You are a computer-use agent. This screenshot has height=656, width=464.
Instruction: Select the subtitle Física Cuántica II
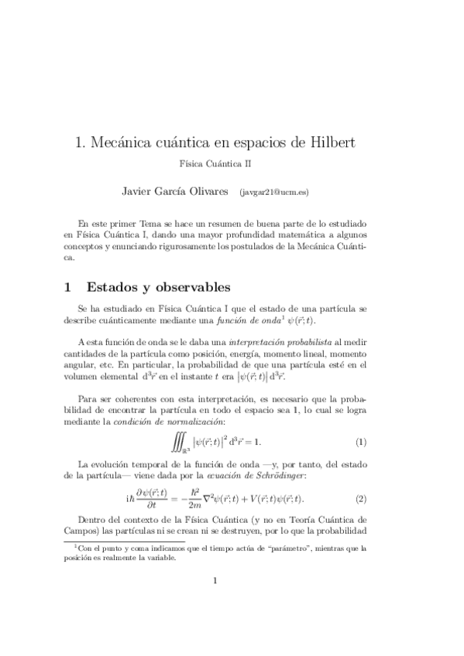(x=215, y=164)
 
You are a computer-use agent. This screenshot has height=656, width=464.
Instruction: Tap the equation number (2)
(x=360, y=498)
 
